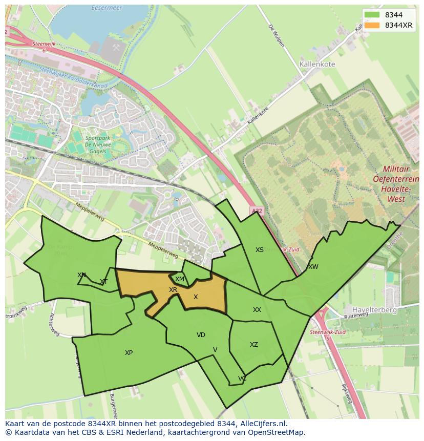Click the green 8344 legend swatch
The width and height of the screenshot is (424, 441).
click(x=372, y=15)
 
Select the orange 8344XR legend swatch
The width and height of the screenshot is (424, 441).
click(x=372, y=25)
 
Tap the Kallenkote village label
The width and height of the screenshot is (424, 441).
click(x=316, y=65)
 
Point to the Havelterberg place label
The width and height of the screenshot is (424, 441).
click(x=374, y=310)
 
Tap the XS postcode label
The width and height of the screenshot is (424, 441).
click(x=260, y=250)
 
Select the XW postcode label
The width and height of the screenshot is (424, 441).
click(x=313, y=267)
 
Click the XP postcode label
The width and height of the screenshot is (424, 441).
click(x=129, y=353)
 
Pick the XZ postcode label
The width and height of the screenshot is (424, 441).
click(x=254, y=345)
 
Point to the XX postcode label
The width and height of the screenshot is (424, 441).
click(x=257, y=310)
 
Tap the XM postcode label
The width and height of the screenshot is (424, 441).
click(x=179, y=279)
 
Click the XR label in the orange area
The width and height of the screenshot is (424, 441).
click(x=173, y=290)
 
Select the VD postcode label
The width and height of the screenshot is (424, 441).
click(x=201, y=335)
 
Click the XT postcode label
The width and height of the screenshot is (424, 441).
click(x=104, y=282)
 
